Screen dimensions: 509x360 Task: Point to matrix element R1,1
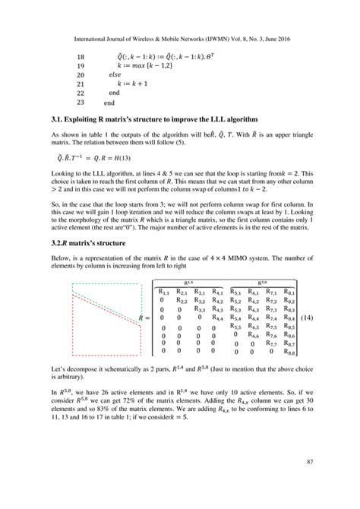tap(165, 291)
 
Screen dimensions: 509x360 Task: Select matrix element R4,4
tap(218, 318)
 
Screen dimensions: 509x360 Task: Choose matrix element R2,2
tap(182, 300)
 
